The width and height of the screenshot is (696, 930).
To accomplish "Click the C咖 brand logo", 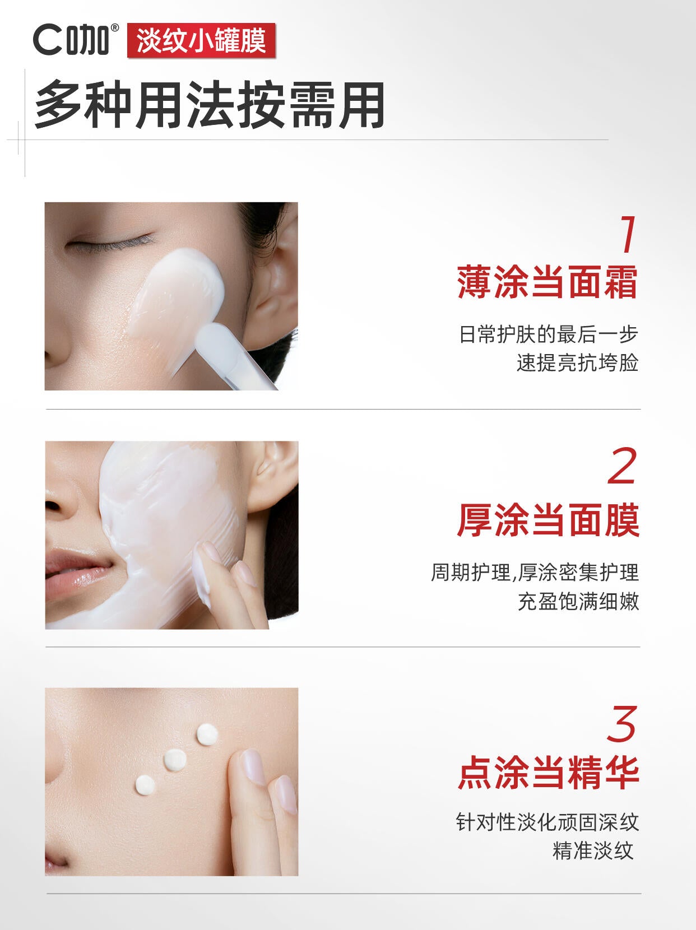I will click(x=76, y=40).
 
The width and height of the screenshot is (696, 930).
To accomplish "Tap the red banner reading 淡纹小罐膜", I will click(x=201, y=41).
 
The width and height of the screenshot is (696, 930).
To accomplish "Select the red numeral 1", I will click(x=628, y=235).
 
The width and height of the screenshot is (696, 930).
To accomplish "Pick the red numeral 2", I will click(x=623, y=467).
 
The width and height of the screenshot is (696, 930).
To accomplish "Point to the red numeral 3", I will click(x=622, y=724).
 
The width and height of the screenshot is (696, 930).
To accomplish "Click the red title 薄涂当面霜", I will click(x=547, y=282).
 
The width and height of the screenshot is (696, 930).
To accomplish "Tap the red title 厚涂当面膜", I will click(x=547, y=520).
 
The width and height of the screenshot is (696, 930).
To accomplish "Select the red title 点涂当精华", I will click(x=547, y=773).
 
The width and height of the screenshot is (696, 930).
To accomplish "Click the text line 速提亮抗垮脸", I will click(x=577, y=363).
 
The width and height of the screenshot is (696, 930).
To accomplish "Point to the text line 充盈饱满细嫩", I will click(x=578, y=601).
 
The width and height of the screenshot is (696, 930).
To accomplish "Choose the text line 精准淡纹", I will click(x=593, y=850).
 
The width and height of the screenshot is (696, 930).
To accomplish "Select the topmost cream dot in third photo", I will click(x=207, y=734).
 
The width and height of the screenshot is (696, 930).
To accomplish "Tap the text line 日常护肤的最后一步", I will click(x=549, y=334).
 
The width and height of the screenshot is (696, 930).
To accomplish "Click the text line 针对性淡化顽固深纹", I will click(x=547, y=822).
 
